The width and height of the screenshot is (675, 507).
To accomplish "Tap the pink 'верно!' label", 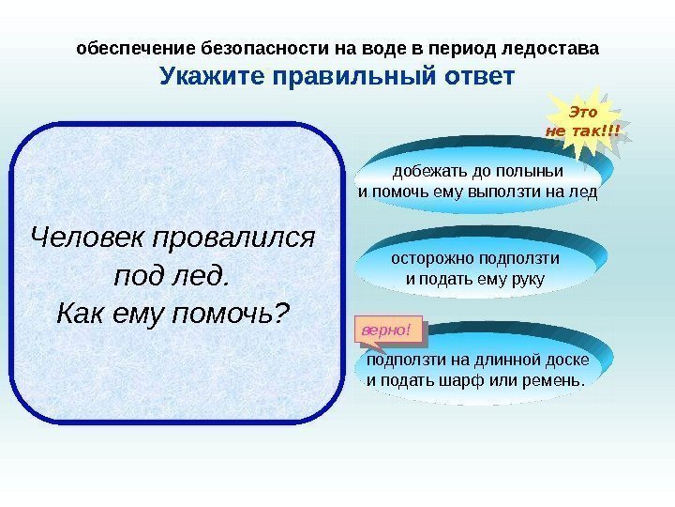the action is tap(385, 330).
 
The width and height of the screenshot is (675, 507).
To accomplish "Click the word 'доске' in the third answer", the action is tap(569, 360).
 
